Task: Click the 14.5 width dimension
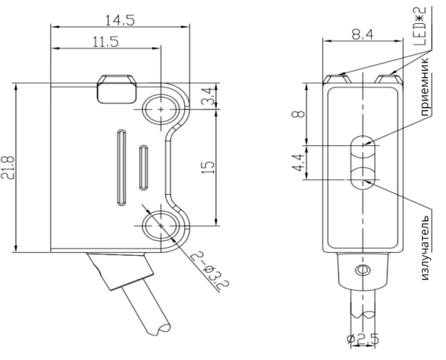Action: click(x=118, y=20)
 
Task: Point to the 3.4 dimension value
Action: click(x=209, y=96)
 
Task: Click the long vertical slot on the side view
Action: click(x=119, y=166)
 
